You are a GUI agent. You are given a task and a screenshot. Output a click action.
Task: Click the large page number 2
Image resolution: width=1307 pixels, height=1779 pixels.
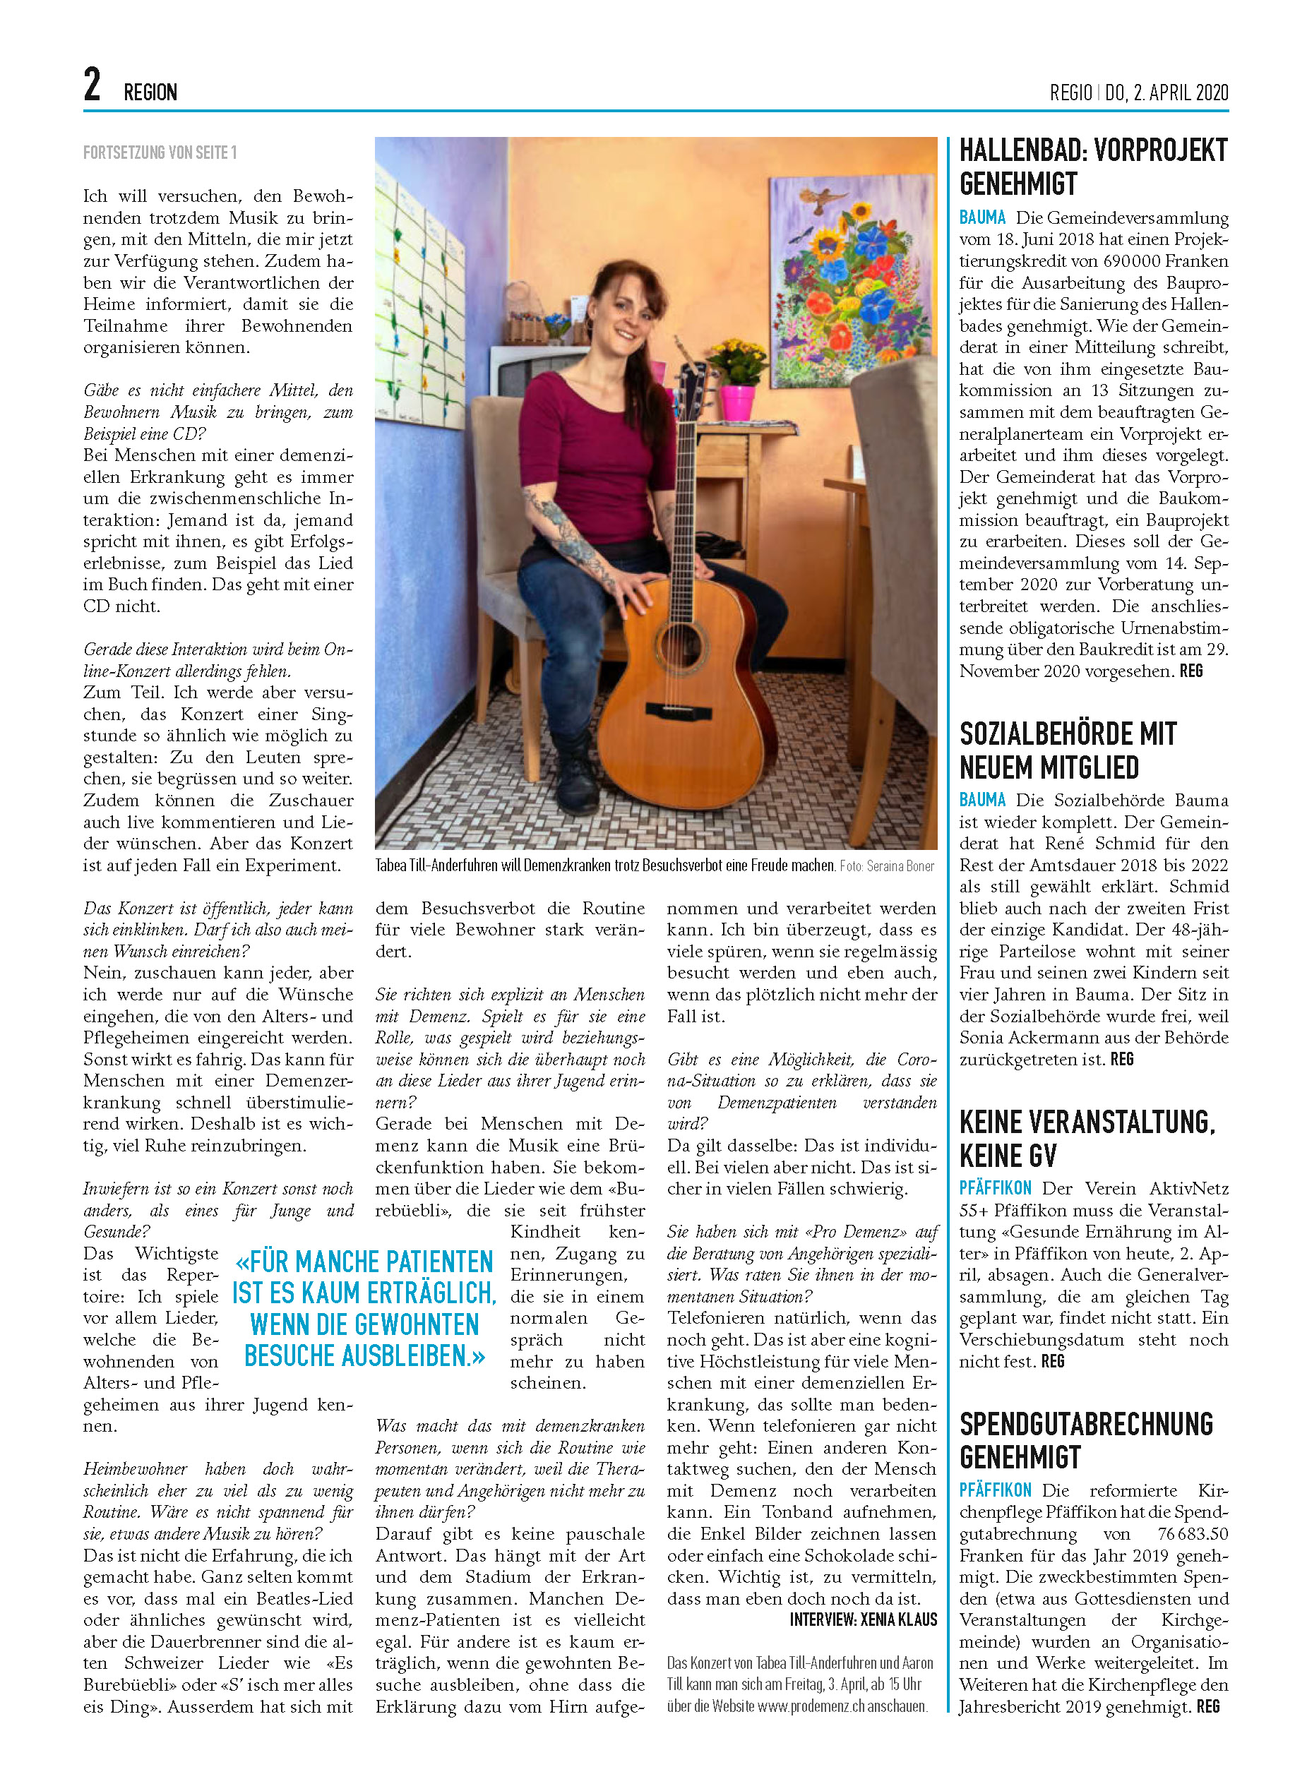(x=92, y=85)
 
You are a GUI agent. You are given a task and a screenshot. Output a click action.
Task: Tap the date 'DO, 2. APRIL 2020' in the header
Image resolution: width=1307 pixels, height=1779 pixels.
(x=1166, y=93)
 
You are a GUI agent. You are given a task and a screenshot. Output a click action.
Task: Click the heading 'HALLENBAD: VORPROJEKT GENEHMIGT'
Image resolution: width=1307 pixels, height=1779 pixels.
(x=1092, y=167)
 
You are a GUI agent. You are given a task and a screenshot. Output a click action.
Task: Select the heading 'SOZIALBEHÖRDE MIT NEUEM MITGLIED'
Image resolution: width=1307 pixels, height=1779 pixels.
(x=1068, y=750)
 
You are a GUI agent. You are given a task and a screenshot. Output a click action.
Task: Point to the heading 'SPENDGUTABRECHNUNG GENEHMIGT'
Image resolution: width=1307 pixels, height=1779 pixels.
(x=1085, y=1440)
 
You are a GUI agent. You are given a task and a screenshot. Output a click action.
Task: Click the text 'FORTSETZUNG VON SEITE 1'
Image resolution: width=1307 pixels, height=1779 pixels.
(x=160, y=152)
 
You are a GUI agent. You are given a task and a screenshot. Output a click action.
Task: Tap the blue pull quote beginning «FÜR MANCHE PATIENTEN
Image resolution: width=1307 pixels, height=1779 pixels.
(x=364, y=1308)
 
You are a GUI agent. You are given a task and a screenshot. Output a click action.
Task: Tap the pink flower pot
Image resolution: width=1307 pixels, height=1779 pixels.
(x=737, y=402)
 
